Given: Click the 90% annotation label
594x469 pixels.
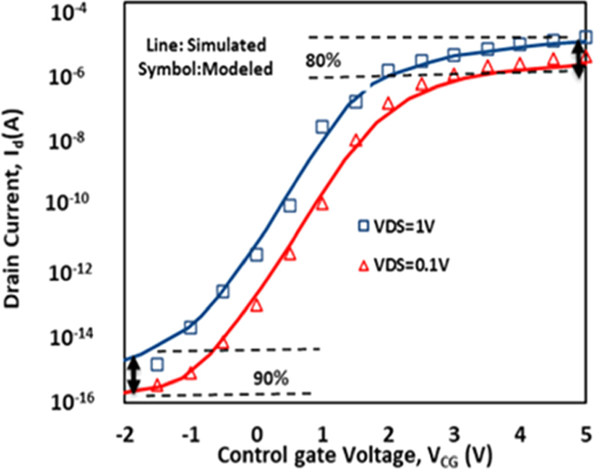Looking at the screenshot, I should coord(271,378).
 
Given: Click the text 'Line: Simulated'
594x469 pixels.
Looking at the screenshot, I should coord(206,44).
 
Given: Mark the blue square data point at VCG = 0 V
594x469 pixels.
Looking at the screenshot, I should coord(256,254).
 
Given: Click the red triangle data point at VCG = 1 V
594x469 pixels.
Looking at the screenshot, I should coord(322,203).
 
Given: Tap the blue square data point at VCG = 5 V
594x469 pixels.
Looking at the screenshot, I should coord(585,37).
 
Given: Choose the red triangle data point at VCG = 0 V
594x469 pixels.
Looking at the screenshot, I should coord(256,305).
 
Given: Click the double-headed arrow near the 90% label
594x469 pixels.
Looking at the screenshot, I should coord(134,375).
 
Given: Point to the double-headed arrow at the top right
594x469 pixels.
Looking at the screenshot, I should coord(578,61).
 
